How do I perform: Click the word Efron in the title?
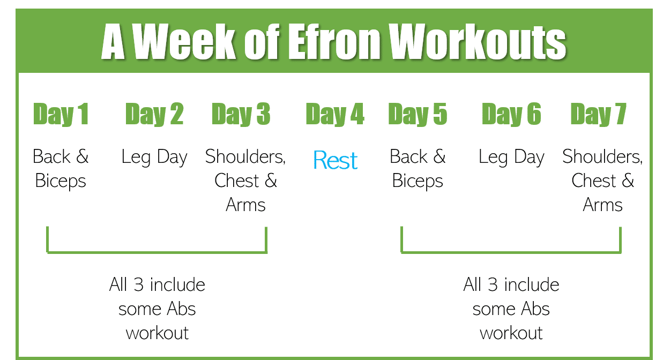click(333, 41)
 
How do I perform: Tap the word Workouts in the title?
click(477, 41)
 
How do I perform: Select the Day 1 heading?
click(61, 114)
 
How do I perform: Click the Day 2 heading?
click(154, 114)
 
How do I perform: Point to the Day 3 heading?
click(241, 114)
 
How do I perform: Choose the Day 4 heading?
click(335, 114)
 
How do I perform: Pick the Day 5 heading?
click(418, 114)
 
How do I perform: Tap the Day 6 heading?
click(511, 114)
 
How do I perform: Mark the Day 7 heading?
click(598, 114)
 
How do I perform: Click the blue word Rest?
click(336, 160)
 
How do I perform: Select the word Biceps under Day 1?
click(61, 181)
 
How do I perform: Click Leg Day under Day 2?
click(154, 157)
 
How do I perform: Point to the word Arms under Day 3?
click(245, 205)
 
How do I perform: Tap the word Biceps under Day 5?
click(418, 181)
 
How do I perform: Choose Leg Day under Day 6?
click(511, 157)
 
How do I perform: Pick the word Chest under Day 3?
click(237, 181)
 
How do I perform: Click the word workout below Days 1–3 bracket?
click(157, 333)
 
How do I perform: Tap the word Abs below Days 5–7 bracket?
click(535, 309)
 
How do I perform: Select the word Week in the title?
click(184, 41)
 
